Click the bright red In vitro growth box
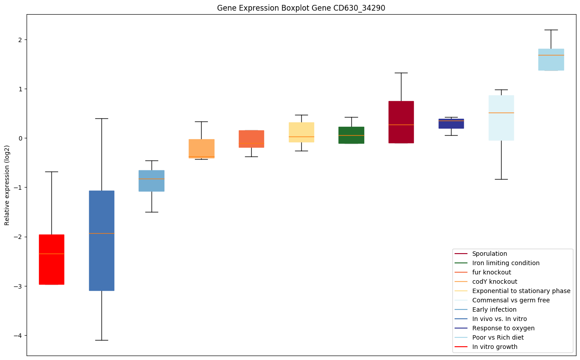(51, 259)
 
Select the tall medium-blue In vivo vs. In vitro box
(101, 240)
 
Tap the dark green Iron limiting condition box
(351, 135)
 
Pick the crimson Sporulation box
(401, 122)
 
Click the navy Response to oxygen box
(451, 123)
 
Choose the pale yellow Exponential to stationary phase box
(301, 132)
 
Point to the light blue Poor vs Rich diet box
(551, 59)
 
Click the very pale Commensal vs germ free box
(501, 118)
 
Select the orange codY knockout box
(201, 149)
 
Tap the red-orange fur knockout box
(251, 139)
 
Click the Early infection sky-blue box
(152, 180)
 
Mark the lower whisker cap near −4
(101, 340)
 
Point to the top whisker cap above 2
(551, 30)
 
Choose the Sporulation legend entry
(489, 254)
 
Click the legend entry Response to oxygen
(503, 328)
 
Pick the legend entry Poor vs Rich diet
(498, 337)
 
